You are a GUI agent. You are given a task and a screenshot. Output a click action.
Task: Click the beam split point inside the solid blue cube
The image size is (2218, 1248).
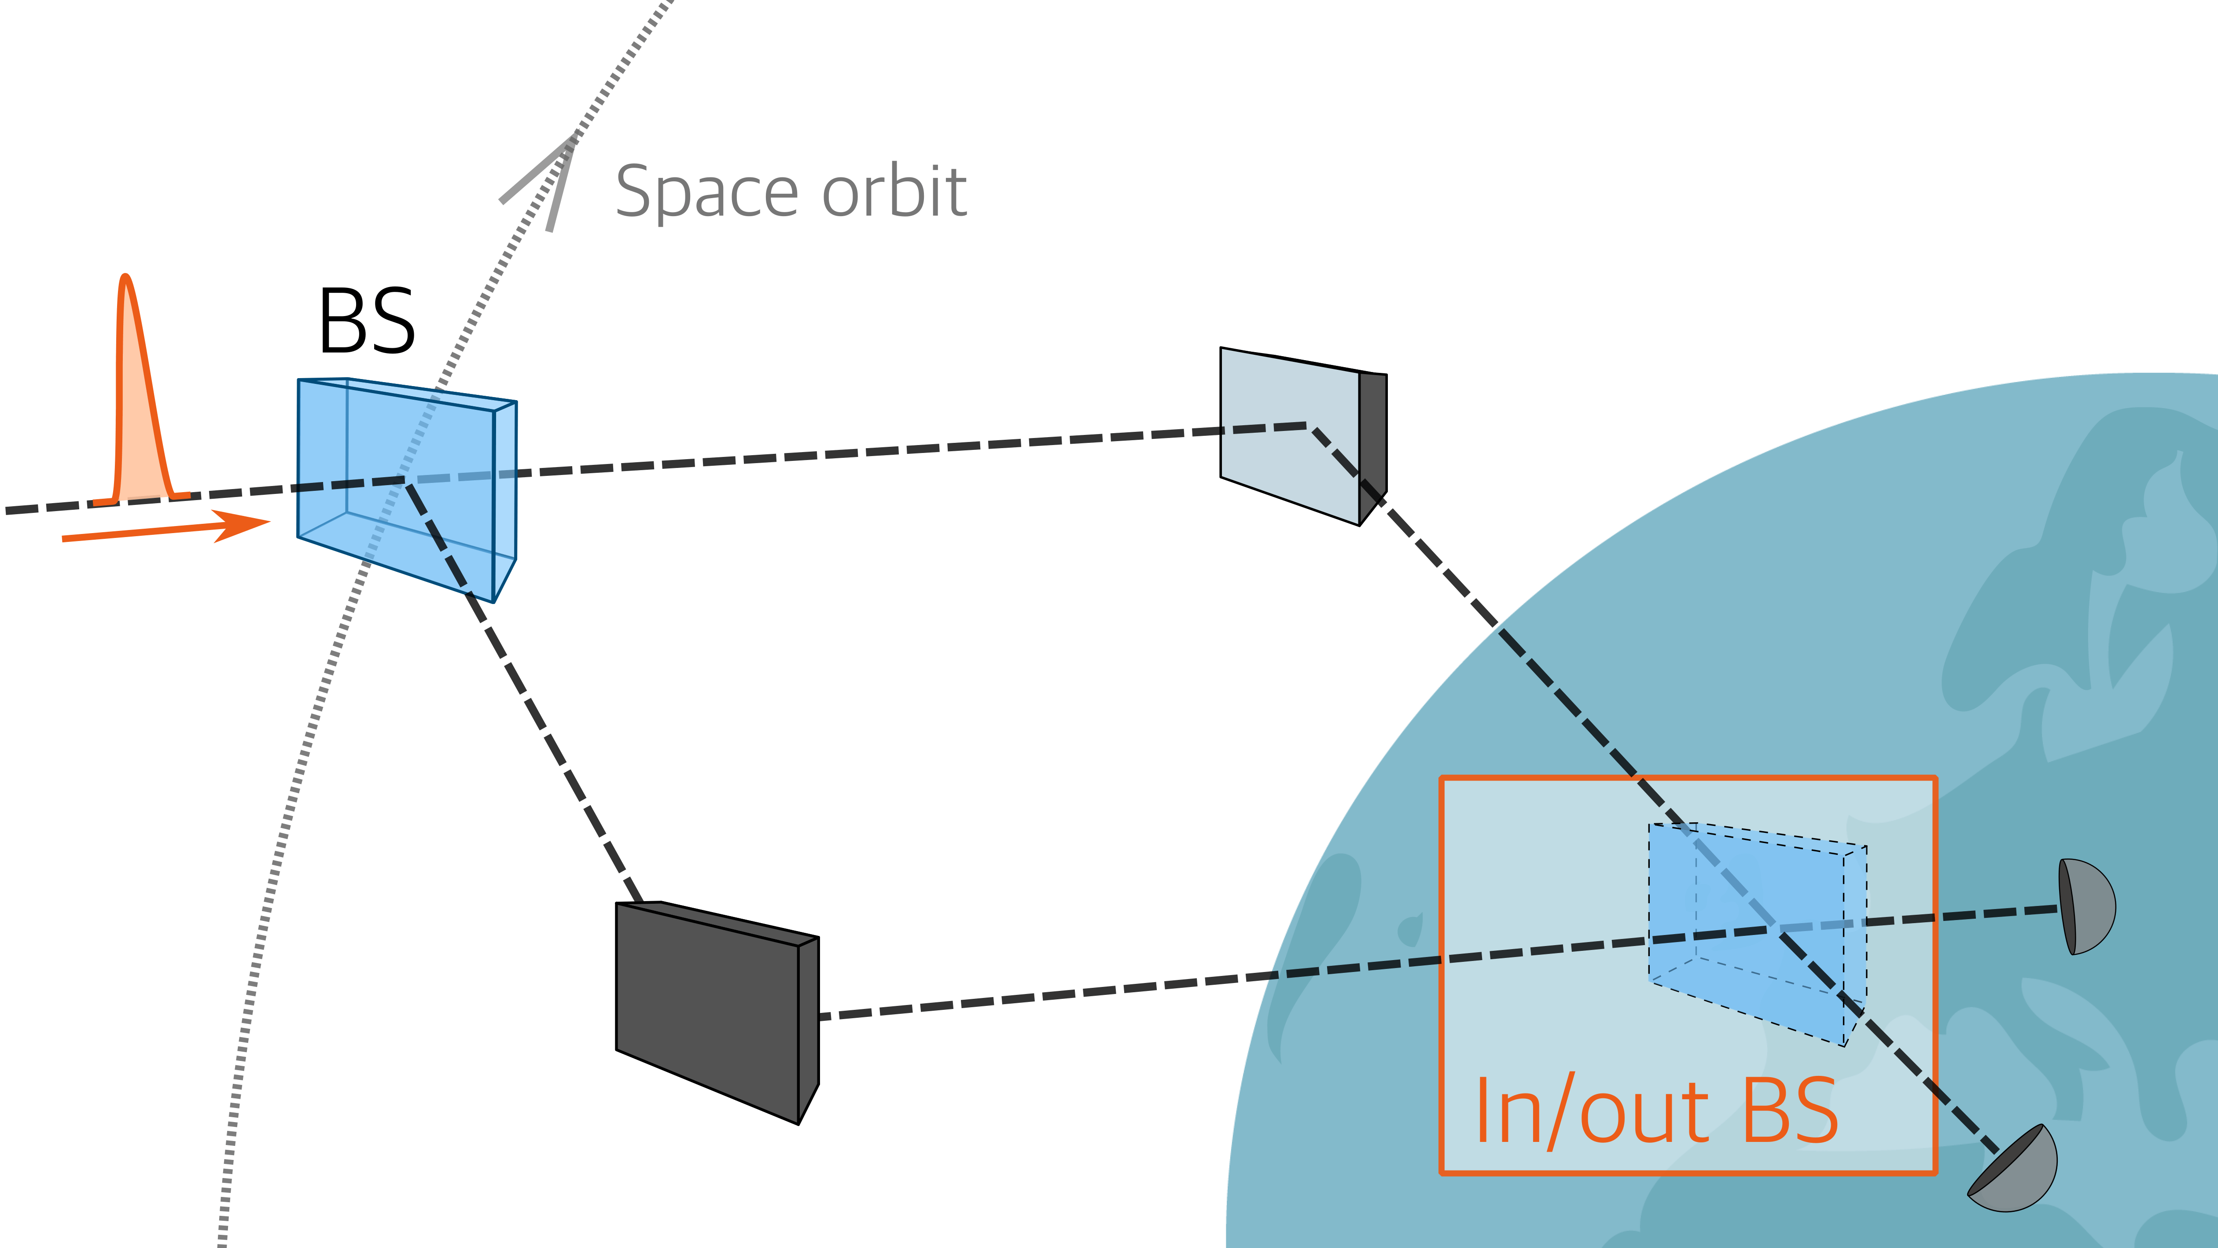click(x=405, y=480)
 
